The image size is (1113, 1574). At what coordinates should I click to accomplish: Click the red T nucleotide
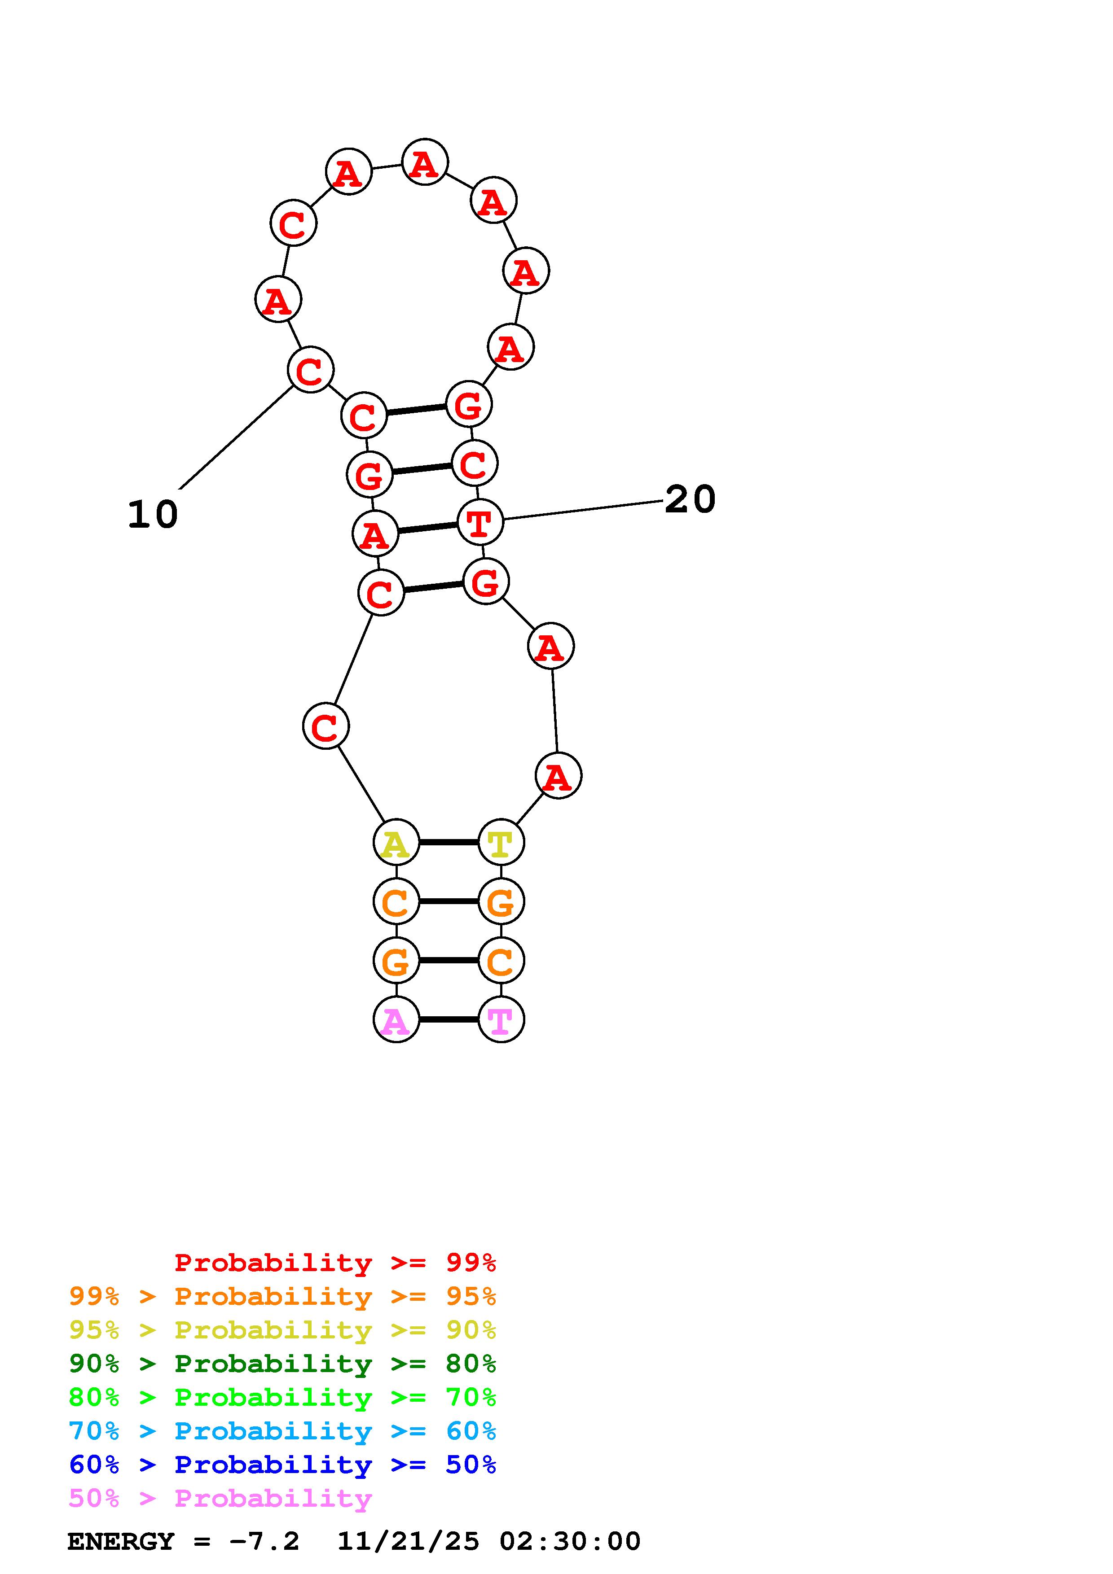point(480,522)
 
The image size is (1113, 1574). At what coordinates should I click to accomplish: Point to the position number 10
point(152,514)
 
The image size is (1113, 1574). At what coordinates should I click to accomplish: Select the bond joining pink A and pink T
point(449,1019)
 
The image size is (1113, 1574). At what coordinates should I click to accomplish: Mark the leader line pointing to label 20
point(583,510)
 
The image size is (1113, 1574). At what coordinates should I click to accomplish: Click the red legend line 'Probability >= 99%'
point(335,1262)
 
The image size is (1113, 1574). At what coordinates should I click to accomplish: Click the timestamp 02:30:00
point(569,1541)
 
